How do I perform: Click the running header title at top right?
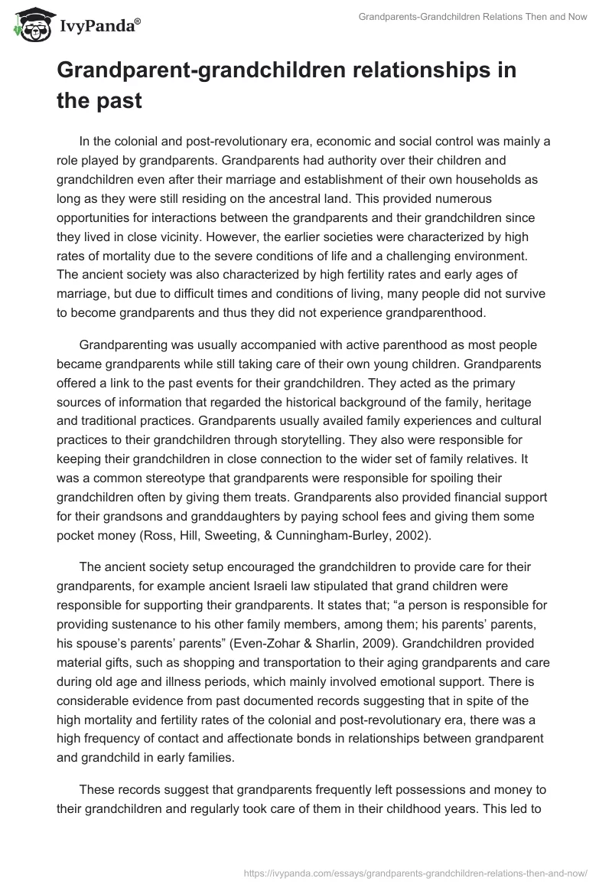pos(473,17)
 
